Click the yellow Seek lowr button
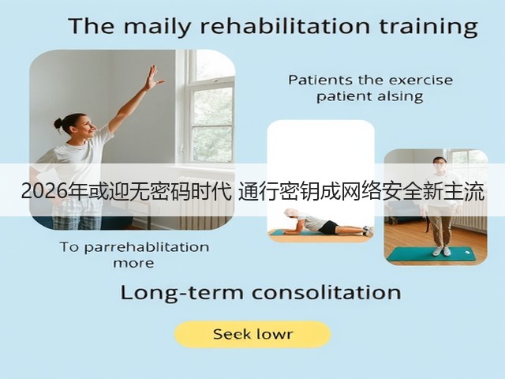pos(252,334)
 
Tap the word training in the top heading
pos(428,27)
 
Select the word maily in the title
pos(158,27)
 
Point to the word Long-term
pos(182,293)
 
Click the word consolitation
pos(327,293)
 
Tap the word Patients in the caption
pos(320,80)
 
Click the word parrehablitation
pos(147,247)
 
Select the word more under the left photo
pos(133,264)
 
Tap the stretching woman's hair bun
pos(58,124)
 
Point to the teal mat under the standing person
pos(431,254)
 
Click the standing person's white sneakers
pos(442,251)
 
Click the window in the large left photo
pos(210,107)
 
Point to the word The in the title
pos(92,26)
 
